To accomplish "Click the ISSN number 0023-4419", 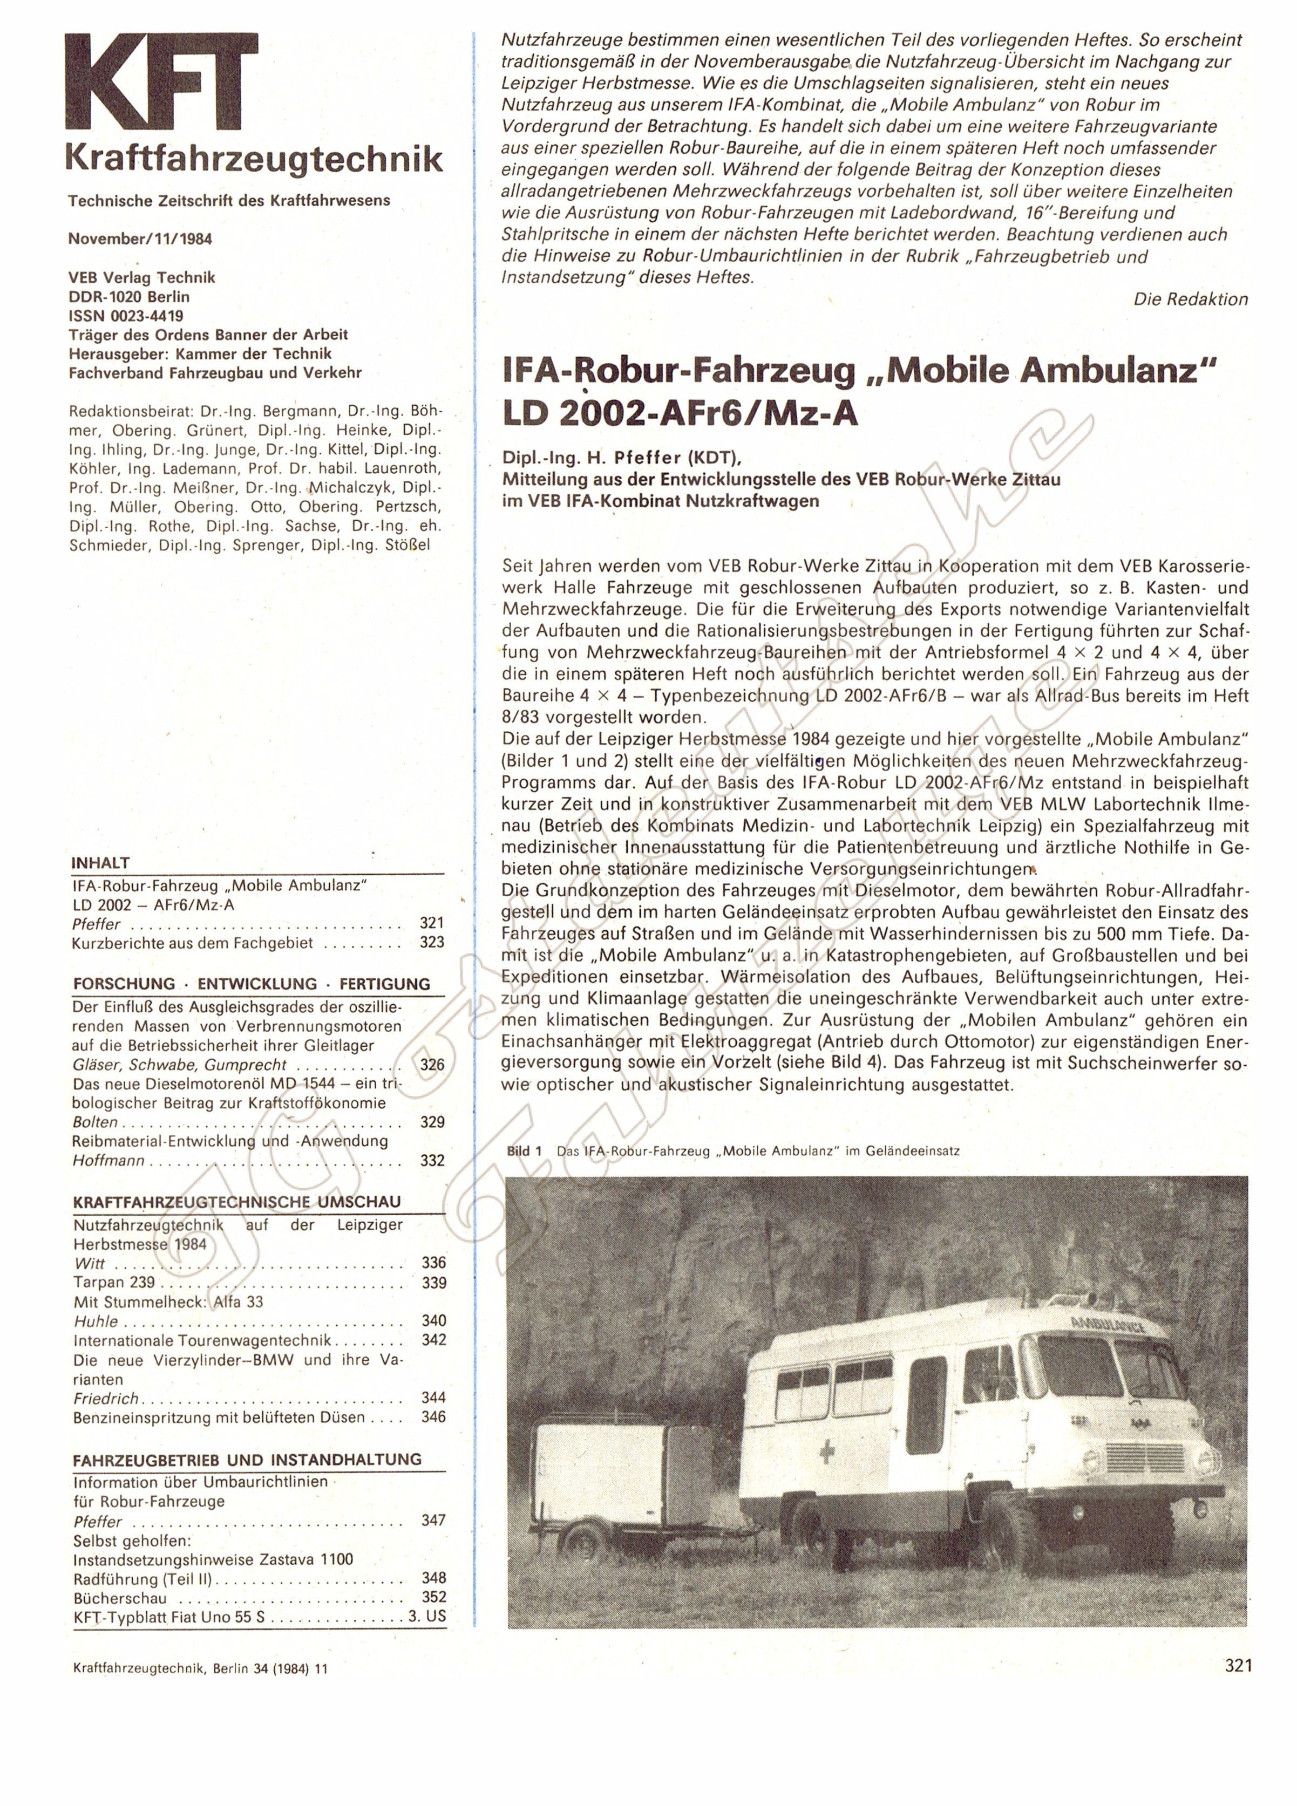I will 126,315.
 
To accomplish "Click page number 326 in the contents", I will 432,1065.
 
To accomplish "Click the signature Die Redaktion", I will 1190,299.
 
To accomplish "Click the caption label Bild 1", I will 524,1150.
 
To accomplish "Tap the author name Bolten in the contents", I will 96,1122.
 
